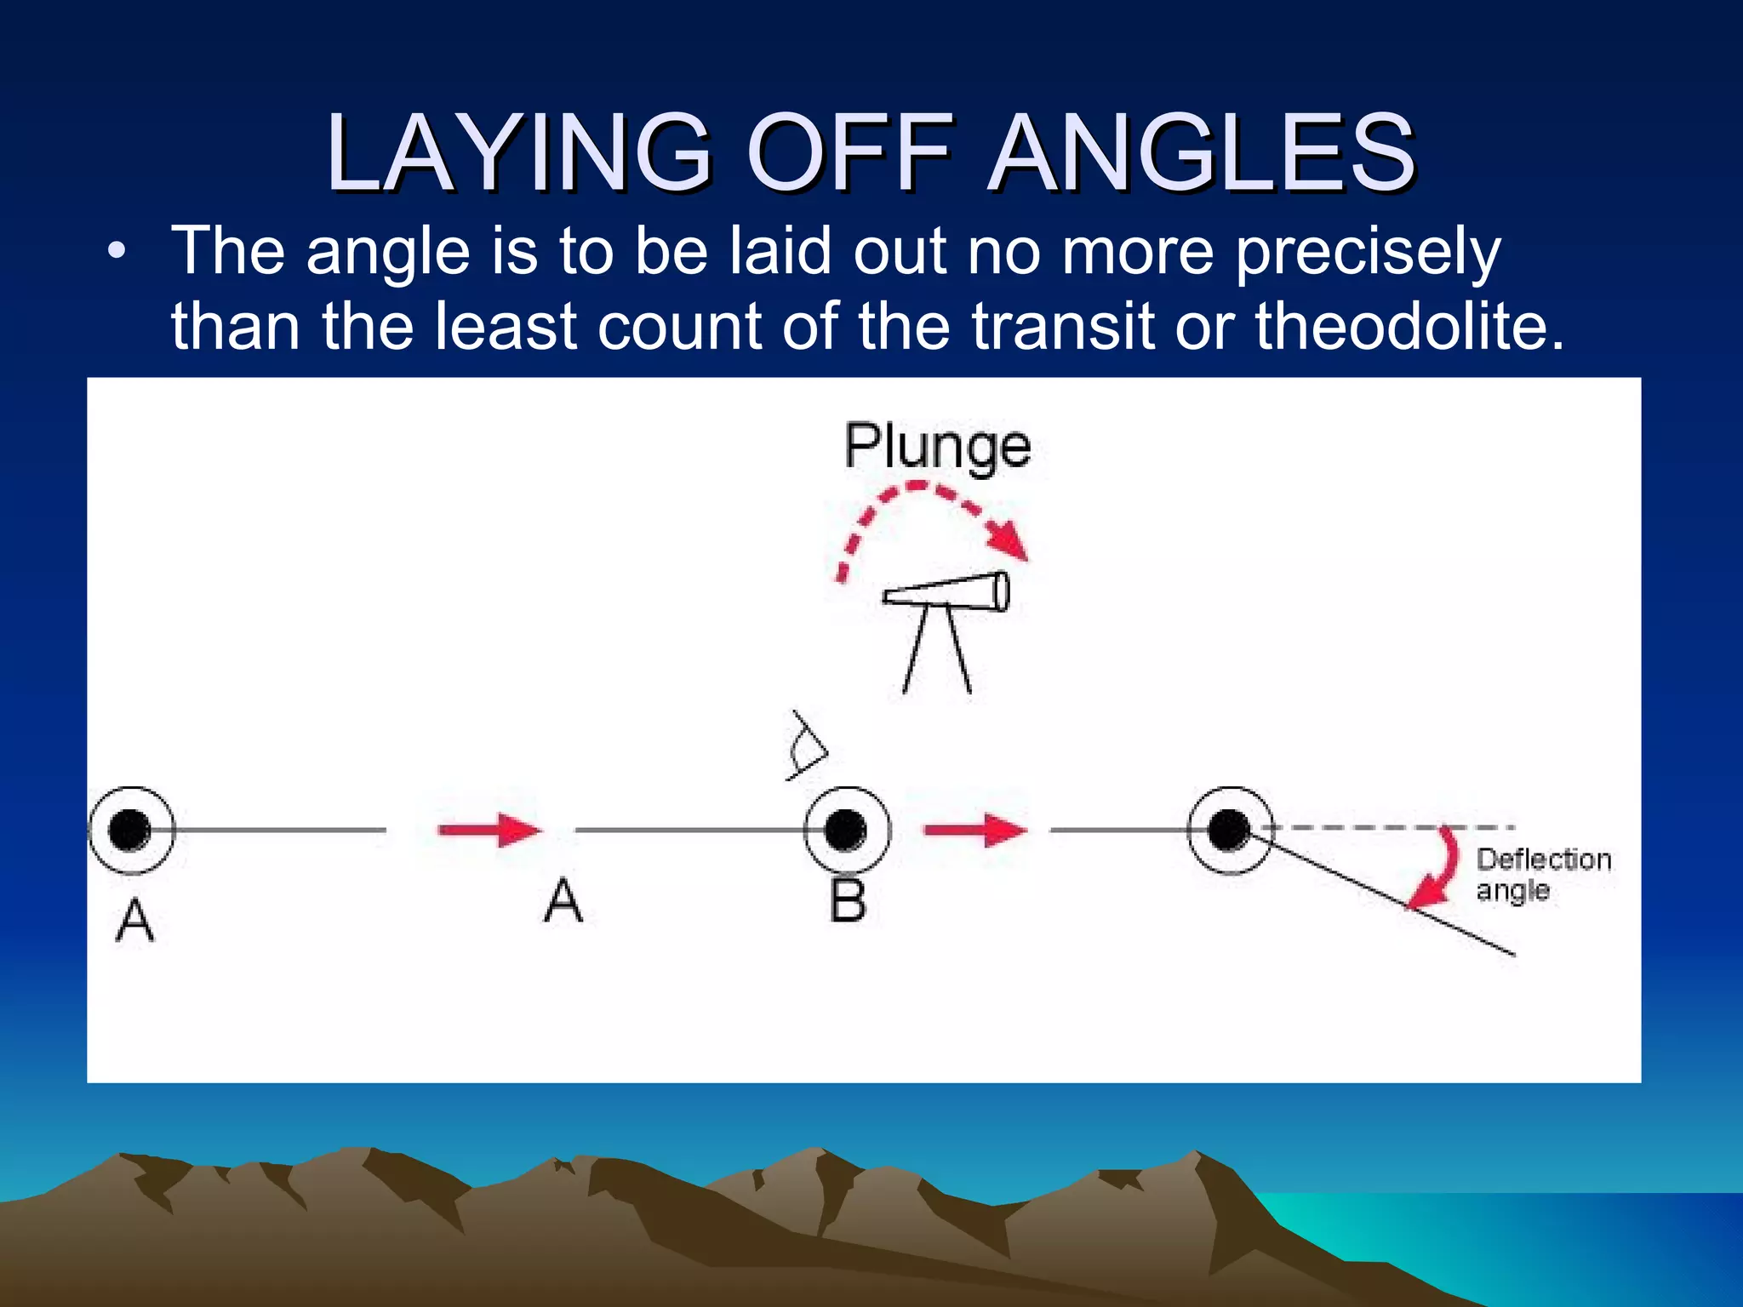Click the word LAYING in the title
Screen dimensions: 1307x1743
518,153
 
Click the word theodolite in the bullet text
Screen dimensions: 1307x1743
1409,326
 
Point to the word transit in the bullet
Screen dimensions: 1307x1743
1063,326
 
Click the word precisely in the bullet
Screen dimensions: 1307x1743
1368,254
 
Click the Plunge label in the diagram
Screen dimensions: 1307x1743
937,446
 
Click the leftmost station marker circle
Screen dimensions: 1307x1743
131,830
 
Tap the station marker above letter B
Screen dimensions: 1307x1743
847,830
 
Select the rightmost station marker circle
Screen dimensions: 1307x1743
1229,830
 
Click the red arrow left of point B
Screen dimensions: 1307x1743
489,830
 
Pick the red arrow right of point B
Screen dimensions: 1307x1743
975,830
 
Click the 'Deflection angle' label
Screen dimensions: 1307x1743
1542,875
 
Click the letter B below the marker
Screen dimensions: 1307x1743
848,901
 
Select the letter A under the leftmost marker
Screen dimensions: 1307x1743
135,921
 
